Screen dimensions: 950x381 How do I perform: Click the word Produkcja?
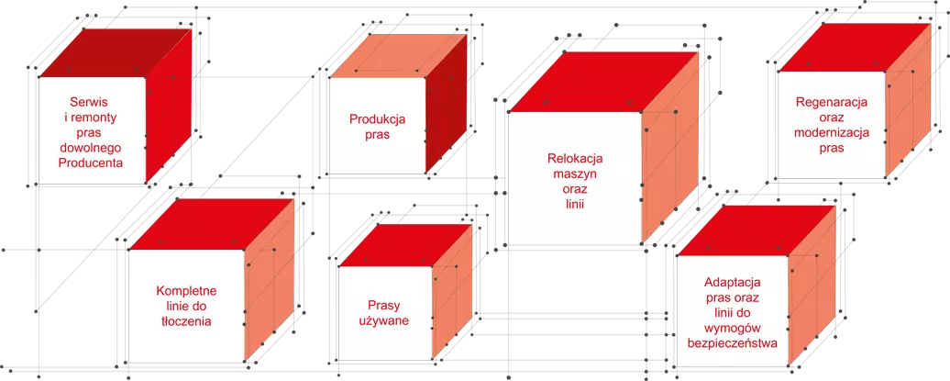pyautogui.click(x=377, y=119)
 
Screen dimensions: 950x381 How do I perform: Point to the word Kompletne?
pyautogui.click(x=187, y=291)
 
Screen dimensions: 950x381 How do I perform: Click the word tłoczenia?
pyautogui.click(x=187, y=321)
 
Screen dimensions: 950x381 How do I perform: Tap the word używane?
pyautogui.click(x=385, y=320)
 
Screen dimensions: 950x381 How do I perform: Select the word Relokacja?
pyautogui.click(x=576, y=160)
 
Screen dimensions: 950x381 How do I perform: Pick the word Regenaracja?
pyautogui.click(x=831, y=102)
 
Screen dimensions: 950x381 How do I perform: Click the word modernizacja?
pyautogui.click(x=831, y=132)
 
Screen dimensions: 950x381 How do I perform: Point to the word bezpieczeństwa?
pyautogui.click(x=734, y=343)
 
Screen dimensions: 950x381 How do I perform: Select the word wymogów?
pyautogui.click(x=734, y=329)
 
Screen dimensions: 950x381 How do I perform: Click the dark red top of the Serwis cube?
pyautogui.click(x=116, y=52)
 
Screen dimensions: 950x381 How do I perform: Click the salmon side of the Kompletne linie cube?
pyautogui.click(x=269, y=280)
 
